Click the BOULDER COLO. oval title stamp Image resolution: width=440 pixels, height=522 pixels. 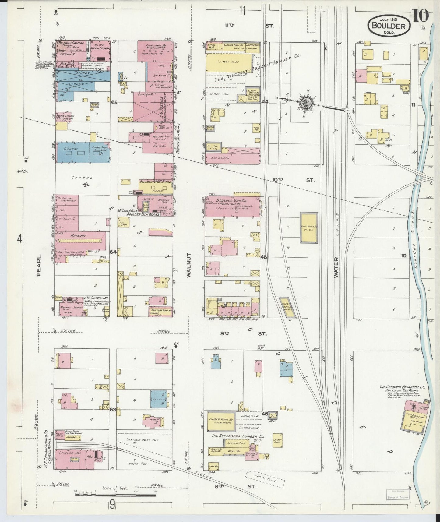pyautogui.click(x=389, y=26)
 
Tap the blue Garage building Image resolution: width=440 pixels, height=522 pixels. pyautogui.click(x=82, y=152)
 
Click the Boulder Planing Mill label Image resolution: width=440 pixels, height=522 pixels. pyautogui.click(x=155, y=182)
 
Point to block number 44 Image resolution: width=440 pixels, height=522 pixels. pyautogui.click(x=264, y=102)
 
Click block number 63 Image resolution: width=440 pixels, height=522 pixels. pyautogui.click(x=113, y=410)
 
